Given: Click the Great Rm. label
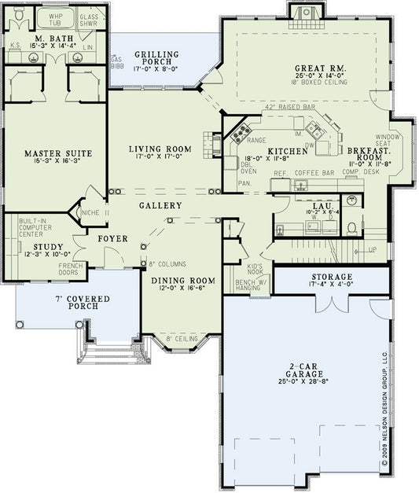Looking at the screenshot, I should (315, 68).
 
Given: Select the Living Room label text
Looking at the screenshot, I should (160, 149).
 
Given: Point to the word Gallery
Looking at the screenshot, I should (160, 206).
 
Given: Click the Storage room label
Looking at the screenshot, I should (331, 277).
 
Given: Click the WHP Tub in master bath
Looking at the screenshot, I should (54, 20).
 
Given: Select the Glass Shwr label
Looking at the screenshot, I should (89, 20).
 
